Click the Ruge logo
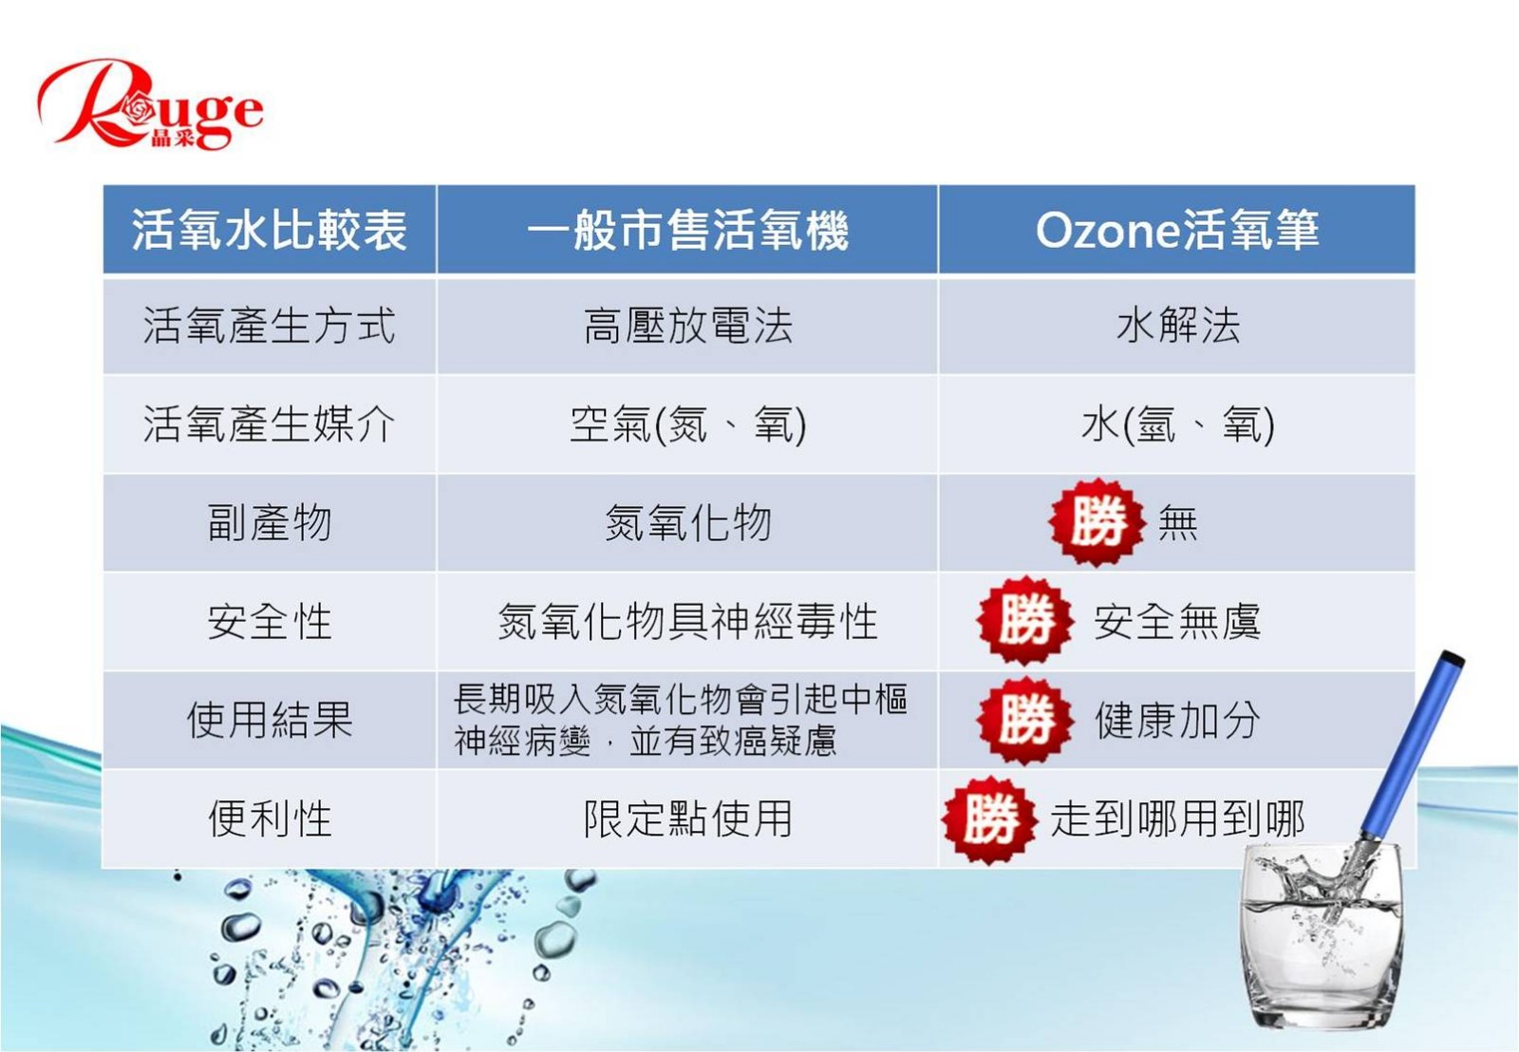coord(151,103)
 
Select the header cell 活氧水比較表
coord(270,230)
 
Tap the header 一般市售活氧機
coord(687,230)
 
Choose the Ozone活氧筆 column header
coord(1177,230)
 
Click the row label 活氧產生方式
coord(270,326)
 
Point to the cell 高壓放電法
coord(687,326)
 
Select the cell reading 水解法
coord(1178,326)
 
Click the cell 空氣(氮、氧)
coord(687,424)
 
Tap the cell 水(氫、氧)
coord(1178,424)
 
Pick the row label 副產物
coord(270,523)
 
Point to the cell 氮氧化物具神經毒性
coord(687,621)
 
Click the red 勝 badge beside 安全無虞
coord(1025,620)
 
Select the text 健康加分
coord(1178,720)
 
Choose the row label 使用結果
coord(270,720)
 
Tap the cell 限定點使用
coord(687,818)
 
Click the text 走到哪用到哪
coord(1178,818)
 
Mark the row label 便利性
coord(270,818)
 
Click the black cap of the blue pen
coord(1453,659)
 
